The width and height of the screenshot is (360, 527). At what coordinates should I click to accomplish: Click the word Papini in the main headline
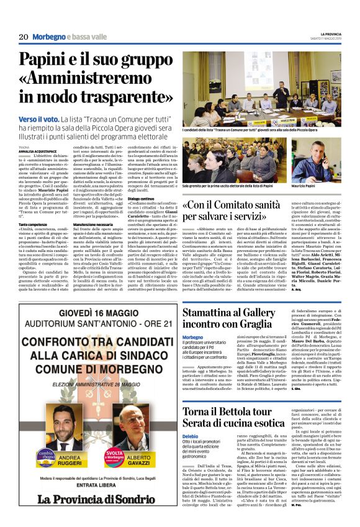50,61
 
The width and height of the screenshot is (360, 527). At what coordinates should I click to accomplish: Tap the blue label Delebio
191,437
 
